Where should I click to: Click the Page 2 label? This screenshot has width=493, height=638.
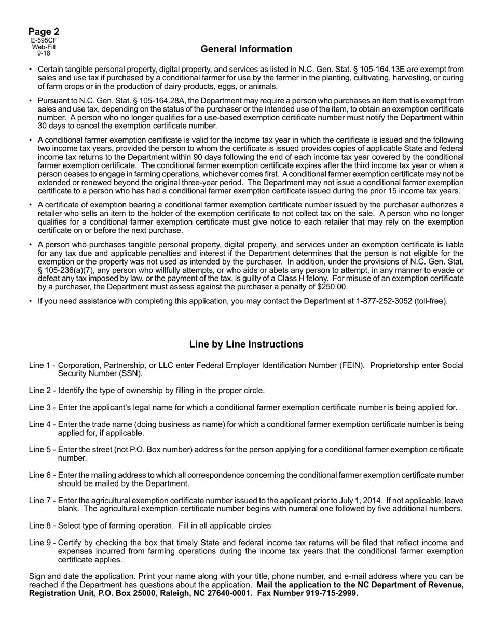(x=44, y=32)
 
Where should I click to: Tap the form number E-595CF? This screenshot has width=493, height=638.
(x=44, y=40)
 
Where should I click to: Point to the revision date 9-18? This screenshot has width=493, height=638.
(x=44, y=53)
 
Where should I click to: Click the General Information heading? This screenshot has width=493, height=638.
(x=246, y=49)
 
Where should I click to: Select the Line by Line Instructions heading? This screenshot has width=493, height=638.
(x=246, y=344)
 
